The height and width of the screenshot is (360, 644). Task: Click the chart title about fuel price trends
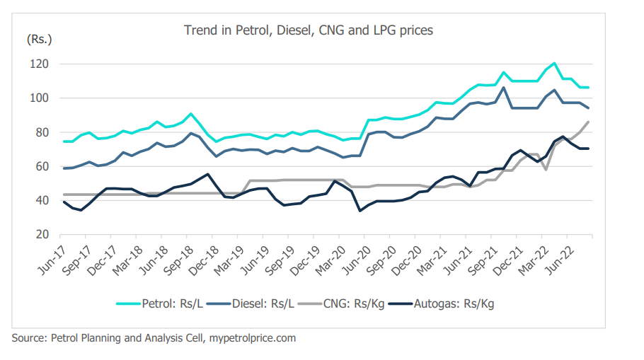(x=308, y=30)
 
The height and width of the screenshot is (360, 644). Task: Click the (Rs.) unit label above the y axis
(x=40, y=39)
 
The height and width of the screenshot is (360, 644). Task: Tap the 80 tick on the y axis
(x=40, y=132)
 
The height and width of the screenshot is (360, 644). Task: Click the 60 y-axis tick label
(x=40, y=166)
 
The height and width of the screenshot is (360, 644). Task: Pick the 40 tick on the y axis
(x=40, y=201)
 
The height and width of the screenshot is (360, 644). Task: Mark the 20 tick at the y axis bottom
(x=40, y=235)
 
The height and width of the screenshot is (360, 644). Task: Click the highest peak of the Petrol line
(x=554, y=64)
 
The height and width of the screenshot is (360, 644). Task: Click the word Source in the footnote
(x=28, y=338)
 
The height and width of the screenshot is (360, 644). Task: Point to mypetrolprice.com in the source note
(x=253, y=338)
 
